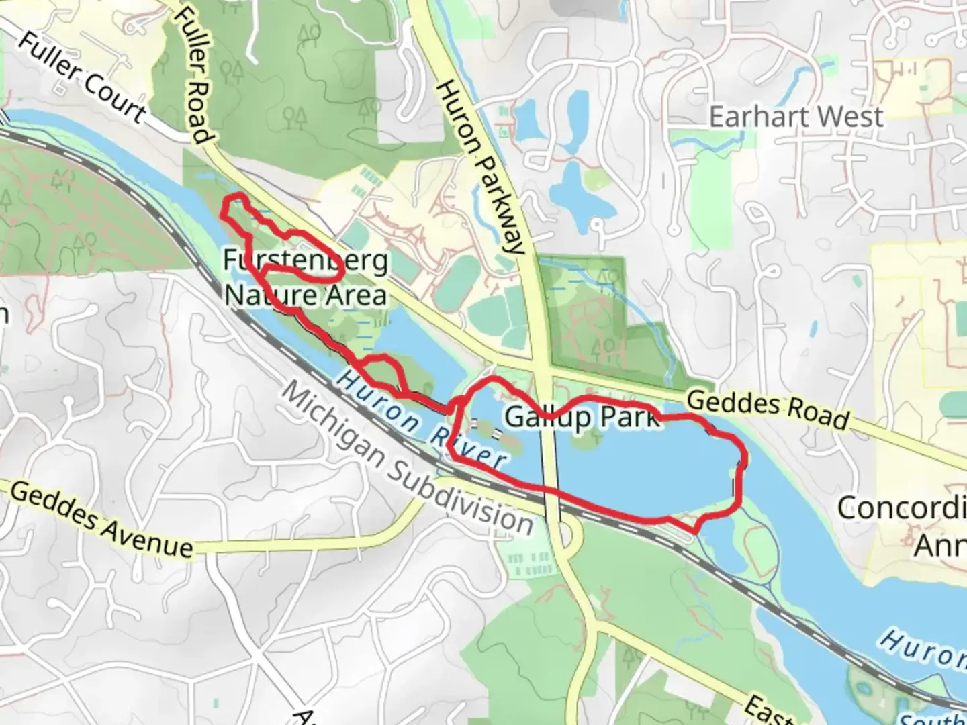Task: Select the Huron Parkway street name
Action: [479, 168]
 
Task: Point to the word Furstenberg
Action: [306, 260]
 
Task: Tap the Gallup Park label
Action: [582, 417]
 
